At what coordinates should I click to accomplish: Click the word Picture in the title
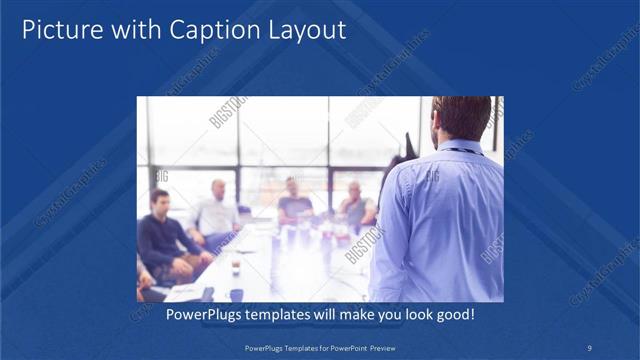coord(59,31)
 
